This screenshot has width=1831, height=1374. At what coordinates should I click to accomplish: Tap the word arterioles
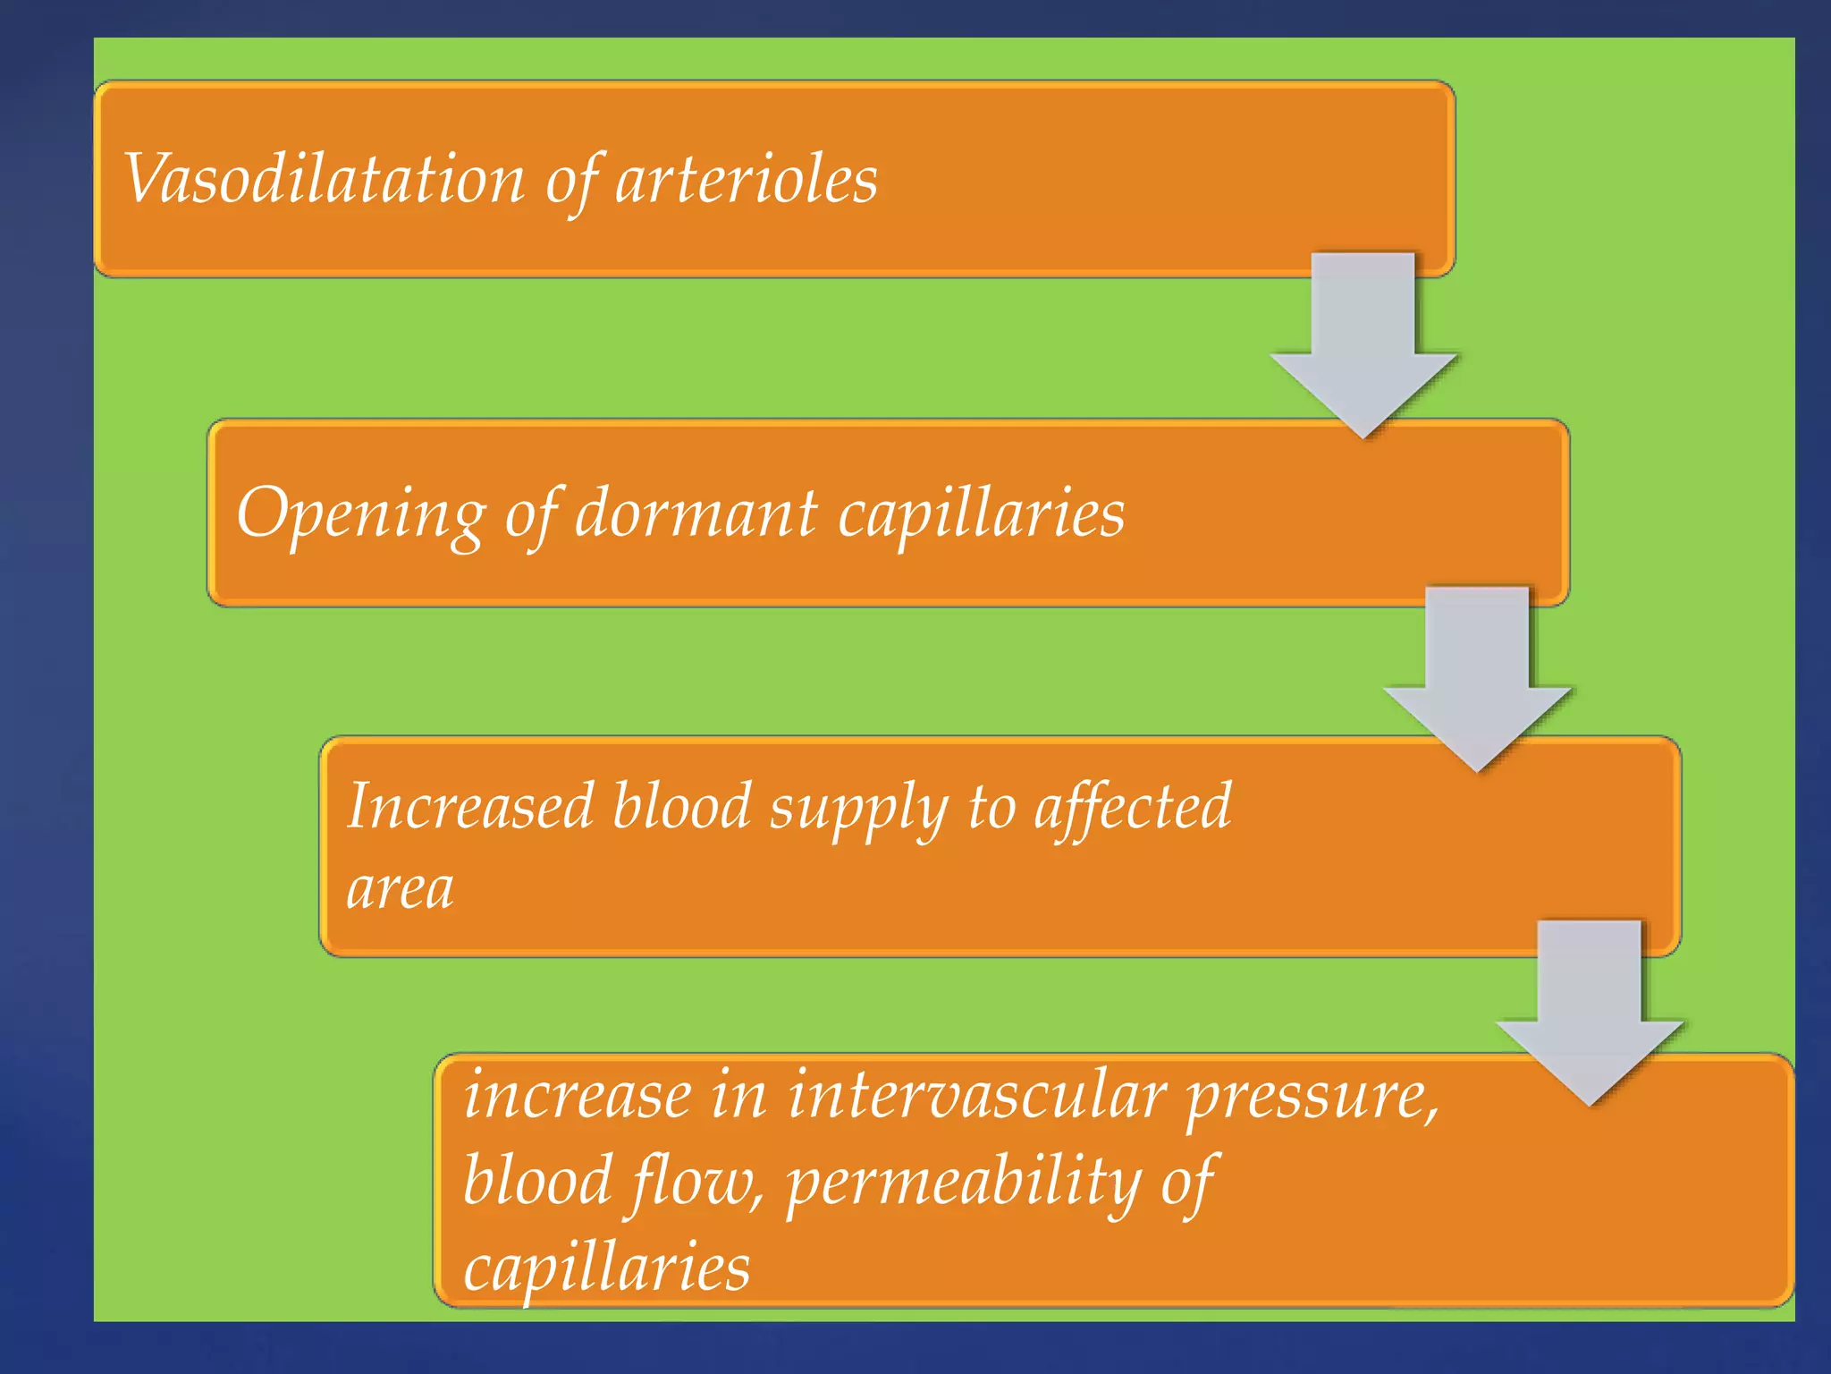(x=747, y=179)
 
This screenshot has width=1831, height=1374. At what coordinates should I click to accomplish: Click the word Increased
(x=470, y=806)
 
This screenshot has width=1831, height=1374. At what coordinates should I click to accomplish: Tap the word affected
(x=1133, y=806)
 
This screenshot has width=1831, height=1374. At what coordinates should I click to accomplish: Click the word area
(x=400, y=889)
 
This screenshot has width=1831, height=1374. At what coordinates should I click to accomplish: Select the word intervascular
(x=976, y=1095)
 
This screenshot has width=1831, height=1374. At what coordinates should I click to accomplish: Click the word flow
(x=697, y=1181)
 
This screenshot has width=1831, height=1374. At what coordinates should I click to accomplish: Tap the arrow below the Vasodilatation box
(x=1363, y=344)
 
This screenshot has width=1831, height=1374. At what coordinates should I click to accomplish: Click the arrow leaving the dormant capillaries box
(x=1477, y=678)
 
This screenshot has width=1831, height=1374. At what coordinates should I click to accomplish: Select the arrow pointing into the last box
(x=1590, y=1012)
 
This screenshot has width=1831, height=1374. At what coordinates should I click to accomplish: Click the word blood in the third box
(x=681, y=806)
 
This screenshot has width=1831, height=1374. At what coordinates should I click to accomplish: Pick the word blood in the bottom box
(x=537, y=1181)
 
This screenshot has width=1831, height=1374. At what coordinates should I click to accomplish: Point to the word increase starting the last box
(x=578, y=1095)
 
